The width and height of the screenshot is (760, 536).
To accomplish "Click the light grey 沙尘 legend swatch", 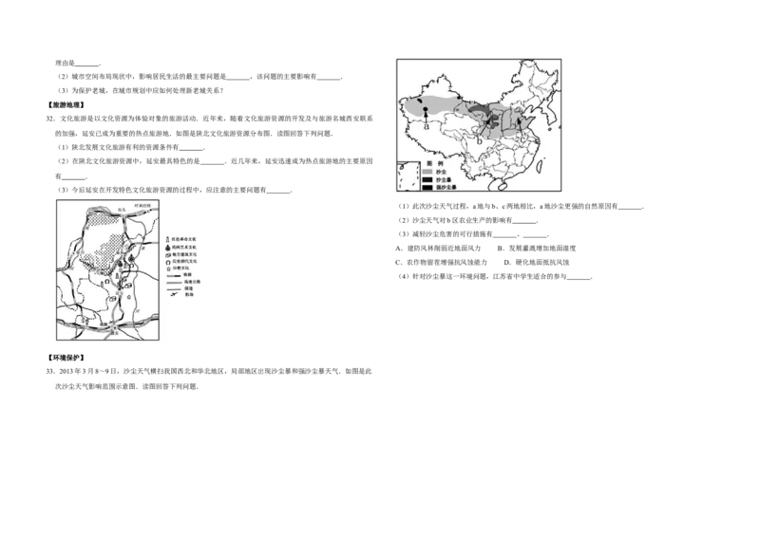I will point(427,172).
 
